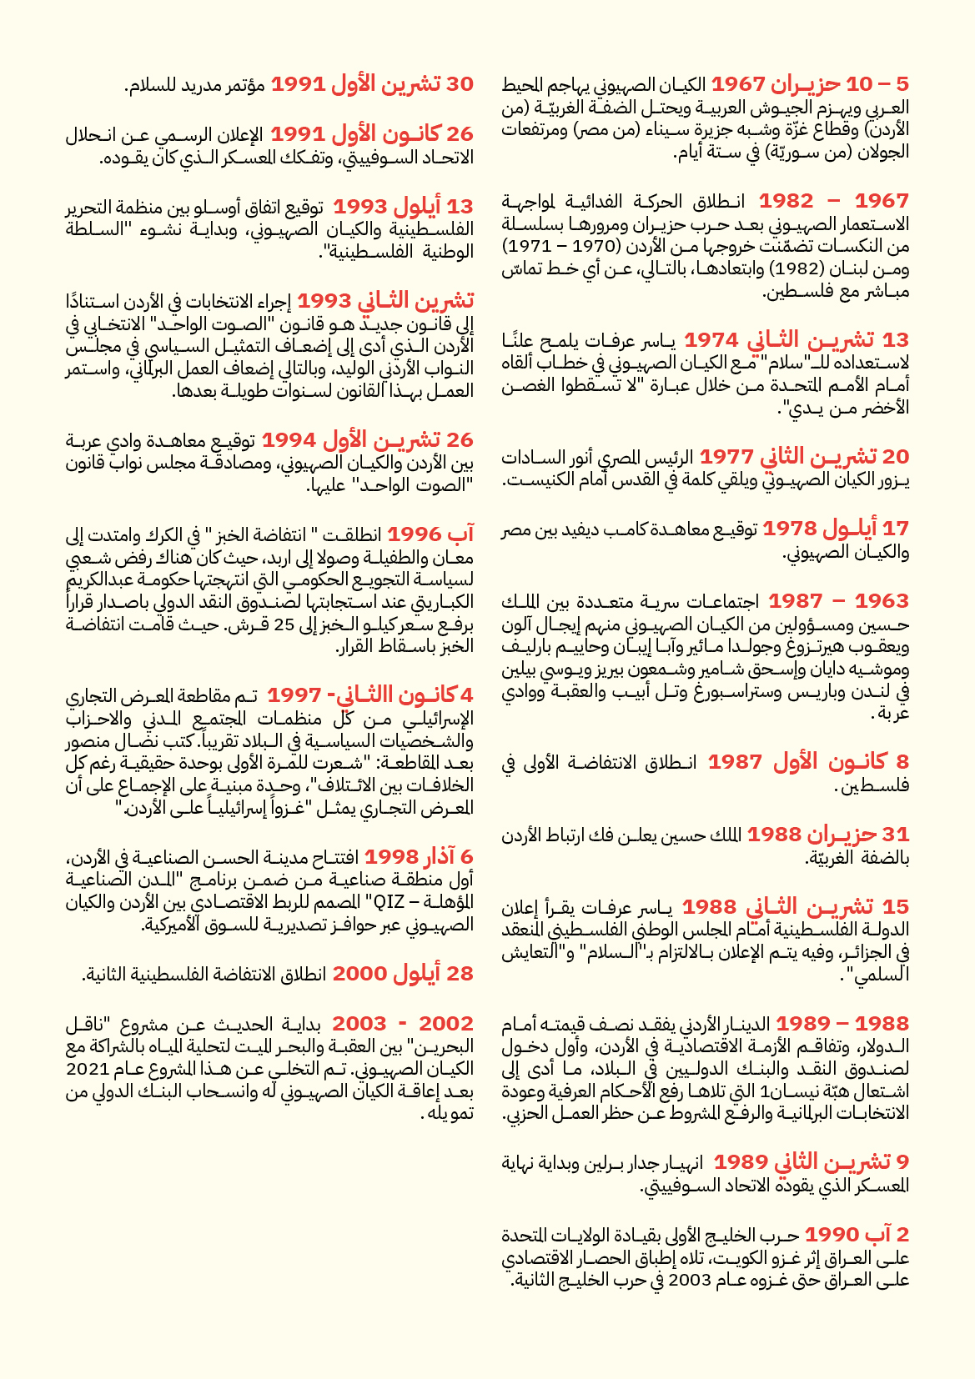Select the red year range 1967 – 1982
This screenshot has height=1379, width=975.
(x=833, y=201)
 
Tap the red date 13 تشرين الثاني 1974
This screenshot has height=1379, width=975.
(x=796, y=340)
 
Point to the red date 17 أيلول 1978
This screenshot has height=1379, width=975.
(x=835, y=529)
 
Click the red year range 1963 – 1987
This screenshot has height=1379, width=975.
(x=838, y=601)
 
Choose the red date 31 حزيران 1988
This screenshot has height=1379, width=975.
(x=827, y=835)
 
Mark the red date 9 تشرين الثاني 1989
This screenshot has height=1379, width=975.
(x=811, y=1161)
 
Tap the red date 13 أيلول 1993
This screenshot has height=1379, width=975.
(x=403, y=207)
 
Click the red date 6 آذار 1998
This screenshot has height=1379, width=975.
(x=419, y=857)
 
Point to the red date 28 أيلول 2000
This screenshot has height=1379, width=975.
(x=403, y=974)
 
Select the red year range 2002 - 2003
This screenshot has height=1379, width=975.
(x=403, y=1024)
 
